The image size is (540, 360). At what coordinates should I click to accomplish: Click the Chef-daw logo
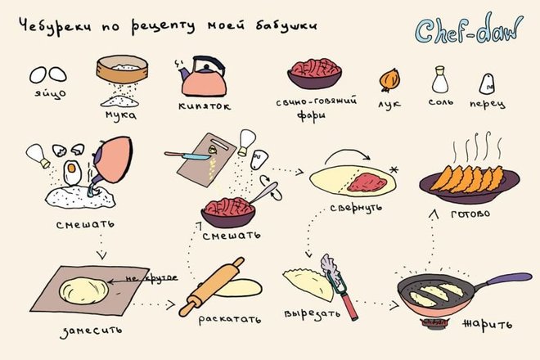tap(468, 29)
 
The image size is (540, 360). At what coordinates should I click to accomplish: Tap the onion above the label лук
tap(389, 79)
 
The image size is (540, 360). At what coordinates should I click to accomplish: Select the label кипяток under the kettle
tap(205, 106)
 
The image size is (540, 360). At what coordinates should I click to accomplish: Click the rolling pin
tap(211, 286)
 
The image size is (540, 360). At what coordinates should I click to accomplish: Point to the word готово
tap(470, 214)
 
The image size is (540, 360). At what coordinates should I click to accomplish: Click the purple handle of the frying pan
tap(509, 279)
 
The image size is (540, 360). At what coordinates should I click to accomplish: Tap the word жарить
tap(487, 324)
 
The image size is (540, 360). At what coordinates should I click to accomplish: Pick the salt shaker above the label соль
tap(440, 80)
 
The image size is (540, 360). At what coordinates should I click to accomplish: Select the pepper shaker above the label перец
tap(487, 83)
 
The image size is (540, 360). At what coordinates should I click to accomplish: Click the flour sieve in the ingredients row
tap(122, 70)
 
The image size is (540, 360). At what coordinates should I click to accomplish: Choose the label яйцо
tap(50, 94)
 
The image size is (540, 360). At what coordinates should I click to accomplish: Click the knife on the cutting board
tap(187, 155)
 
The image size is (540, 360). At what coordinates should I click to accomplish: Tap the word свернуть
tap(356, 208)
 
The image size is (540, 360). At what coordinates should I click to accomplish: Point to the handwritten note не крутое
tap(151, 278)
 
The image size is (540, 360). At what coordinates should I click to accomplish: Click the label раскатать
tap(230, 319)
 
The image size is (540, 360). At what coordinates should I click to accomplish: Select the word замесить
tap(91, 331)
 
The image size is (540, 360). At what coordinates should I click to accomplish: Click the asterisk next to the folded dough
tap(394, 170)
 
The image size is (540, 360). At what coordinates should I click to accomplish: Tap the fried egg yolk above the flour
tap(71, 168)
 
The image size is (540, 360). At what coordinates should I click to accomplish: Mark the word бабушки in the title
tap(286, 26)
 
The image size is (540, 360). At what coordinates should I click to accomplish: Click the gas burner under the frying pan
tap(435, 322)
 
